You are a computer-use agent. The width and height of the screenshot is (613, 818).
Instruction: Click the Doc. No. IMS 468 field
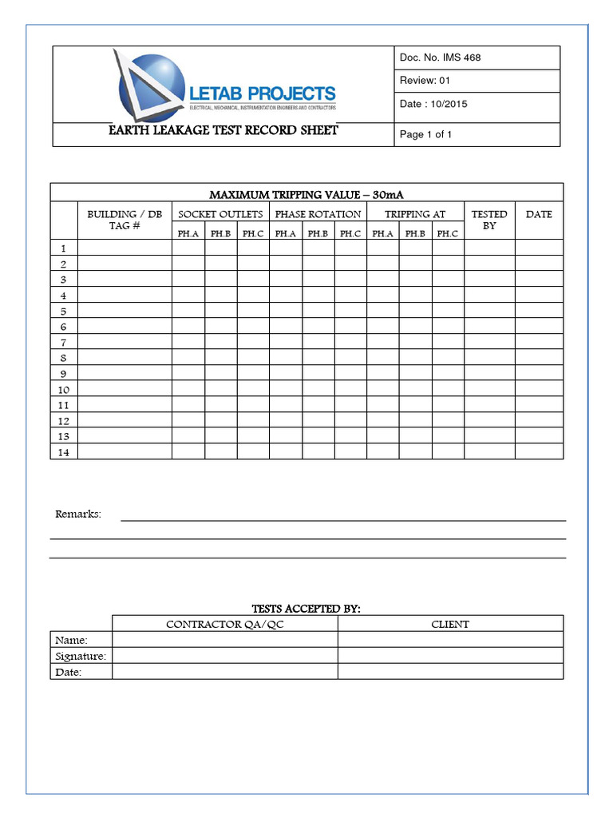coord(440,58)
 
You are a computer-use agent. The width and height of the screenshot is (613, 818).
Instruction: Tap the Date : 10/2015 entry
coord(433,105)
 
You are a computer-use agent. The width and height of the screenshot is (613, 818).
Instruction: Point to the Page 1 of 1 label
coord(425,134)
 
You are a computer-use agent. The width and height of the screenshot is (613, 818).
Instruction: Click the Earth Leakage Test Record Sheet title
coord(223,130)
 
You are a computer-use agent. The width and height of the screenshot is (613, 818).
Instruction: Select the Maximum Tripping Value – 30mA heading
coord(310,195)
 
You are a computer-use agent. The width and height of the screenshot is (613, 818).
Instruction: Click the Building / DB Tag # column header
coord(125,220)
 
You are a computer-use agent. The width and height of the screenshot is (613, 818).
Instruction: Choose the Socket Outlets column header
coord(220,214)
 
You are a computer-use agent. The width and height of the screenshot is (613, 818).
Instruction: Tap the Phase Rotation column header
coord(318,214)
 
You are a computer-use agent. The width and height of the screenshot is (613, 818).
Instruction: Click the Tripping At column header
coord(415,214)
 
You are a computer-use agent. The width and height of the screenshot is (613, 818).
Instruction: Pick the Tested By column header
coord(489,220)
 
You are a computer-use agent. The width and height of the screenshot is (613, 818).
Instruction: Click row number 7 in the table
coord(64,342)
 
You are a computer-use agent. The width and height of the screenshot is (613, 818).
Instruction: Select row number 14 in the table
coord(64,452)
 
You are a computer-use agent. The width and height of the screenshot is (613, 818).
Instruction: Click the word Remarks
coord(78,514)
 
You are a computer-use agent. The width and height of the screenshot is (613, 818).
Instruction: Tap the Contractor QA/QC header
coord(224,624)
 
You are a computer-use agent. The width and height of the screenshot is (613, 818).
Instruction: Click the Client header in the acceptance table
coord(450,624)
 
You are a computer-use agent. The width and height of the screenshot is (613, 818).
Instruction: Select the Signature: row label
coord(81,656)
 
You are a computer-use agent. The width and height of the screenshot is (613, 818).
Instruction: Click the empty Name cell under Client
coord(450,640)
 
